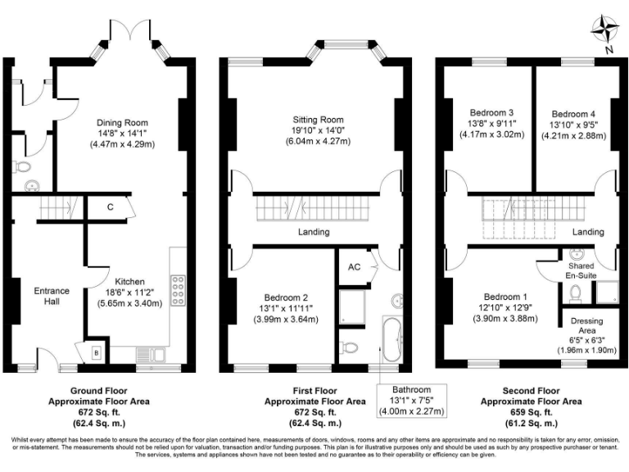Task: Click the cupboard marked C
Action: point(110,207)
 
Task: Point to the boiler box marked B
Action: point(97,352)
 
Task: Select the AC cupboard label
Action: point(354,267)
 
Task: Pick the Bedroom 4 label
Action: point(573,113)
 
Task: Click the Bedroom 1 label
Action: point(505,296)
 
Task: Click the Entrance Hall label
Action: point(51,296)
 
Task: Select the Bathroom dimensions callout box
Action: point(410,399)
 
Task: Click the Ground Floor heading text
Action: point(97,391)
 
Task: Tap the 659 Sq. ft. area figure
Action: point(532,413)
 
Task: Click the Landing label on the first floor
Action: point(313,232)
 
